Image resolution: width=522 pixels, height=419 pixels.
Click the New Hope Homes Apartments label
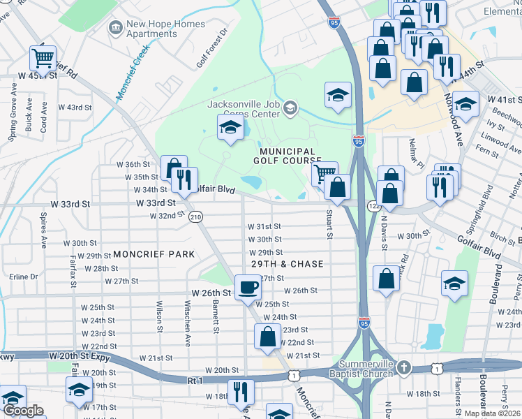point(165,29)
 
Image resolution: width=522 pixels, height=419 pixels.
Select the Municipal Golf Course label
point(288,156)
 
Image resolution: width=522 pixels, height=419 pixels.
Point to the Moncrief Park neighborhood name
point(154,254)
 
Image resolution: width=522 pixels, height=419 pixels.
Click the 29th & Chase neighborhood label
point(288,264)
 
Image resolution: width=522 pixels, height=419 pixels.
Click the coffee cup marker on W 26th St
point(247,286)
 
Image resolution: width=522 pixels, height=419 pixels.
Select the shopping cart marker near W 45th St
point(43,58)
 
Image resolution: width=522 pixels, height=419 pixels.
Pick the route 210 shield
point(196,217)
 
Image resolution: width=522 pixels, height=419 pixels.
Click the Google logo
point(23,410)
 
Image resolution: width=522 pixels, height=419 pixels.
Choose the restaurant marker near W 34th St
point(184,179)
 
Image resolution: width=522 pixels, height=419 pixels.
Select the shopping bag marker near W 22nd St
point(267,337)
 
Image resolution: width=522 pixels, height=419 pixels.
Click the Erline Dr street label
point(24,277)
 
